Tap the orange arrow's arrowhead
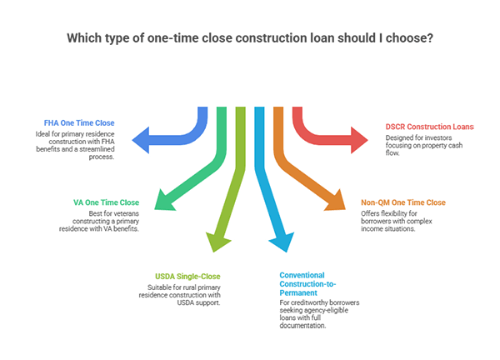(x=337, y=201)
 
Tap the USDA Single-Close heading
(x=187, y=275)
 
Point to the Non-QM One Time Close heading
(x=403, y=202)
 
